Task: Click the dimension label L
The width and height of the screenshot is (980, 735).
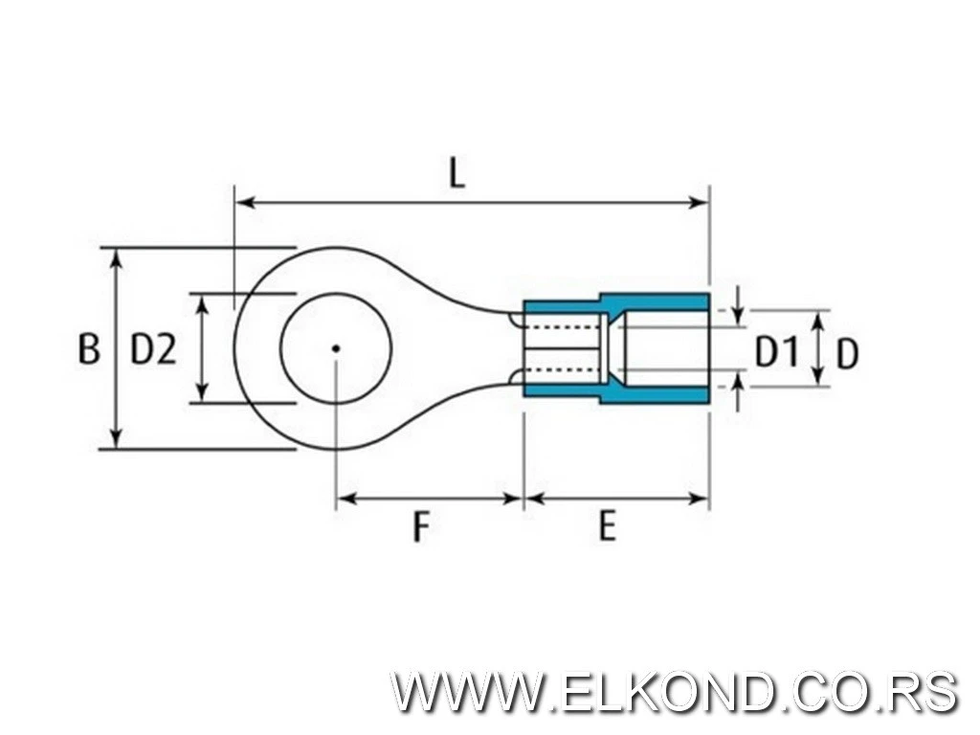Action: [x=457, y=172]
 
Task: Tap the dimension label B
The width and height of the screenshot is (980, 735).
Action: [x=88, y=349]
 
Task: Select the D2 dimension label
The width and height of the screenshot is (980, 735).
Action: [x=153, y=349]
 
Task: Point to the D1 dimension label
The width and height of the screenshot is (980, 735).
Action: [x=776, y=352]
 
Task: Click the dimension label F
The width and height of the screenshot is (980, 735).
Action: [x=420, y=526]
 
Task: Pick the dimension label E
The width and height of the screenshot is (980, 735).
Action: [x=607, y=526]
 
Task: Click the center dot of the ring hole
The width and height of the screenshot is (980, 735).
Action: [x=335, y=348]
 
